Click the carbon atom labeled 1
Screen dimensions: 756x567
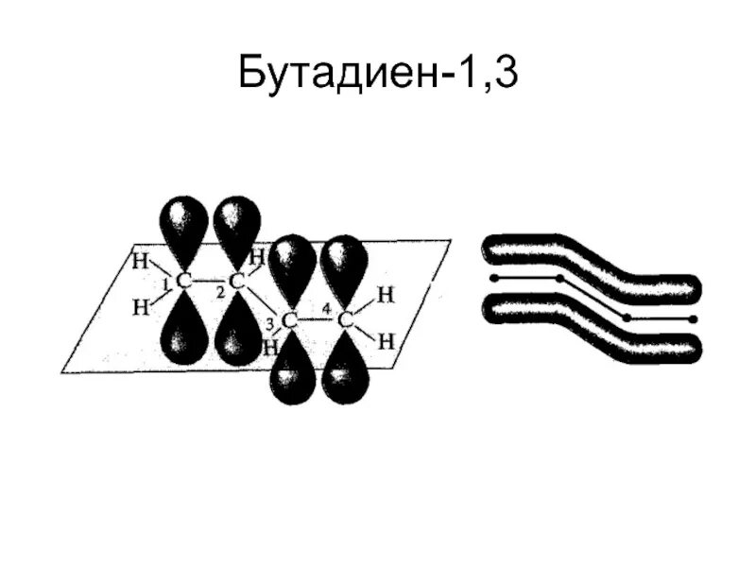(x=184, y=282)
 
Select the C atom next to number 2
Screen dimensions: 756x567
(x=237, y=281)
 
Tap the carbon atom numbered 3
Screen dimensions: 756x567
(x=291, y=321)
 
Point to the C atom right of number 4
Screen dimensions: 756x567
(x=345, y=320)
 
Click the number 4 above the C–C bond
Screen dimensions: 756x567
(x=325, y=307)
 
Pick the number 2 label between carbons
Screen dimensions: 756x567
(x=219, y=293)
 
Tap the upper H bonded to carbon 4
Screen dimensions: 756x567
(x=385, y=295)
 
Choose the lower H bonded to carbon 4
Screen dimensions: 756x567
(x=385, y=341)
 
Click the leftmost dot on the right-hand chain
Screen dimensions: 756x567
(x=492, y=279)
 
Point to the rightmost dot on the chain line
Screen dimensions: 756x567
(x=693, y=319)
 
